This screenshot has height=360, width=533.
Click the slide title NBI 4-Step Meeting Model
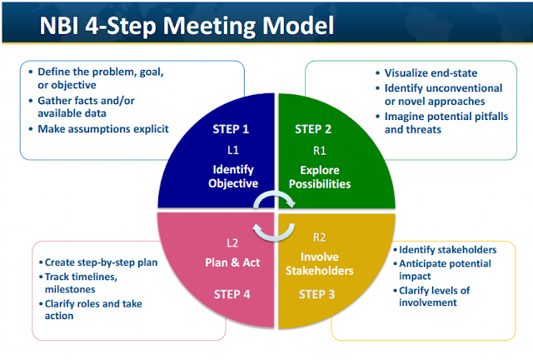point(188,26)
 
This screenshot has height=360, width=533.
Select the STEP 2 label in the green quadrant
point(313,129)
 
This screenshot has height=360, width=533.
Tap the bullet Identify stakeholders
point(447,250)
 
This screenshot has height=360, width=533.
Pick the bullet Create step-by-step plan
point(100,261)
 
